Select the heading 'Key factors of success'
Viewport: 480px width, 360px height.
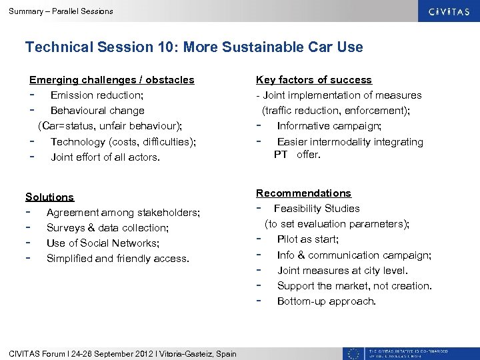click(314, 80)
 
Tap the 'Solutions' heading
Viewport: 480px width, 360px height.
click(49, 197)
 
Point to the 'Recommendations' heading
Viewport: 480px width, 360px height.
click(304, 193)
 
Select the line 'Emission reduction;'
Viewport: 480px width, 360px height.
click(97, 95)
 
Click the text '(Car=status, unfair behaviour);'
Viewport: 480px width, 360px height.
click(110, 126)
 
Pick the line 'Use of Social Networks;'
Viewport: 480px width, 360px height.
click(103, 243)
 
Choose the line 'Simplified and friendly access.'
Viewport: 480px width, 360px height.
click(117, 259)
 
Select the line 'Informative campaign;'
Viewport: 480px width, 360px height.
click(329, 126)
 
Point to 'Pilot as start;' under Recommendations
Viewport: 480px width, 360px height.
click(308, 239)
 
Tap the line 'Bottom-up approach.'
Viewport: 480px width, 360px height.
click(327, 301)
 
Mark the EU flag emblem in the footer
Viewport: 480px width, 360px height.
click(353, 353)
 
